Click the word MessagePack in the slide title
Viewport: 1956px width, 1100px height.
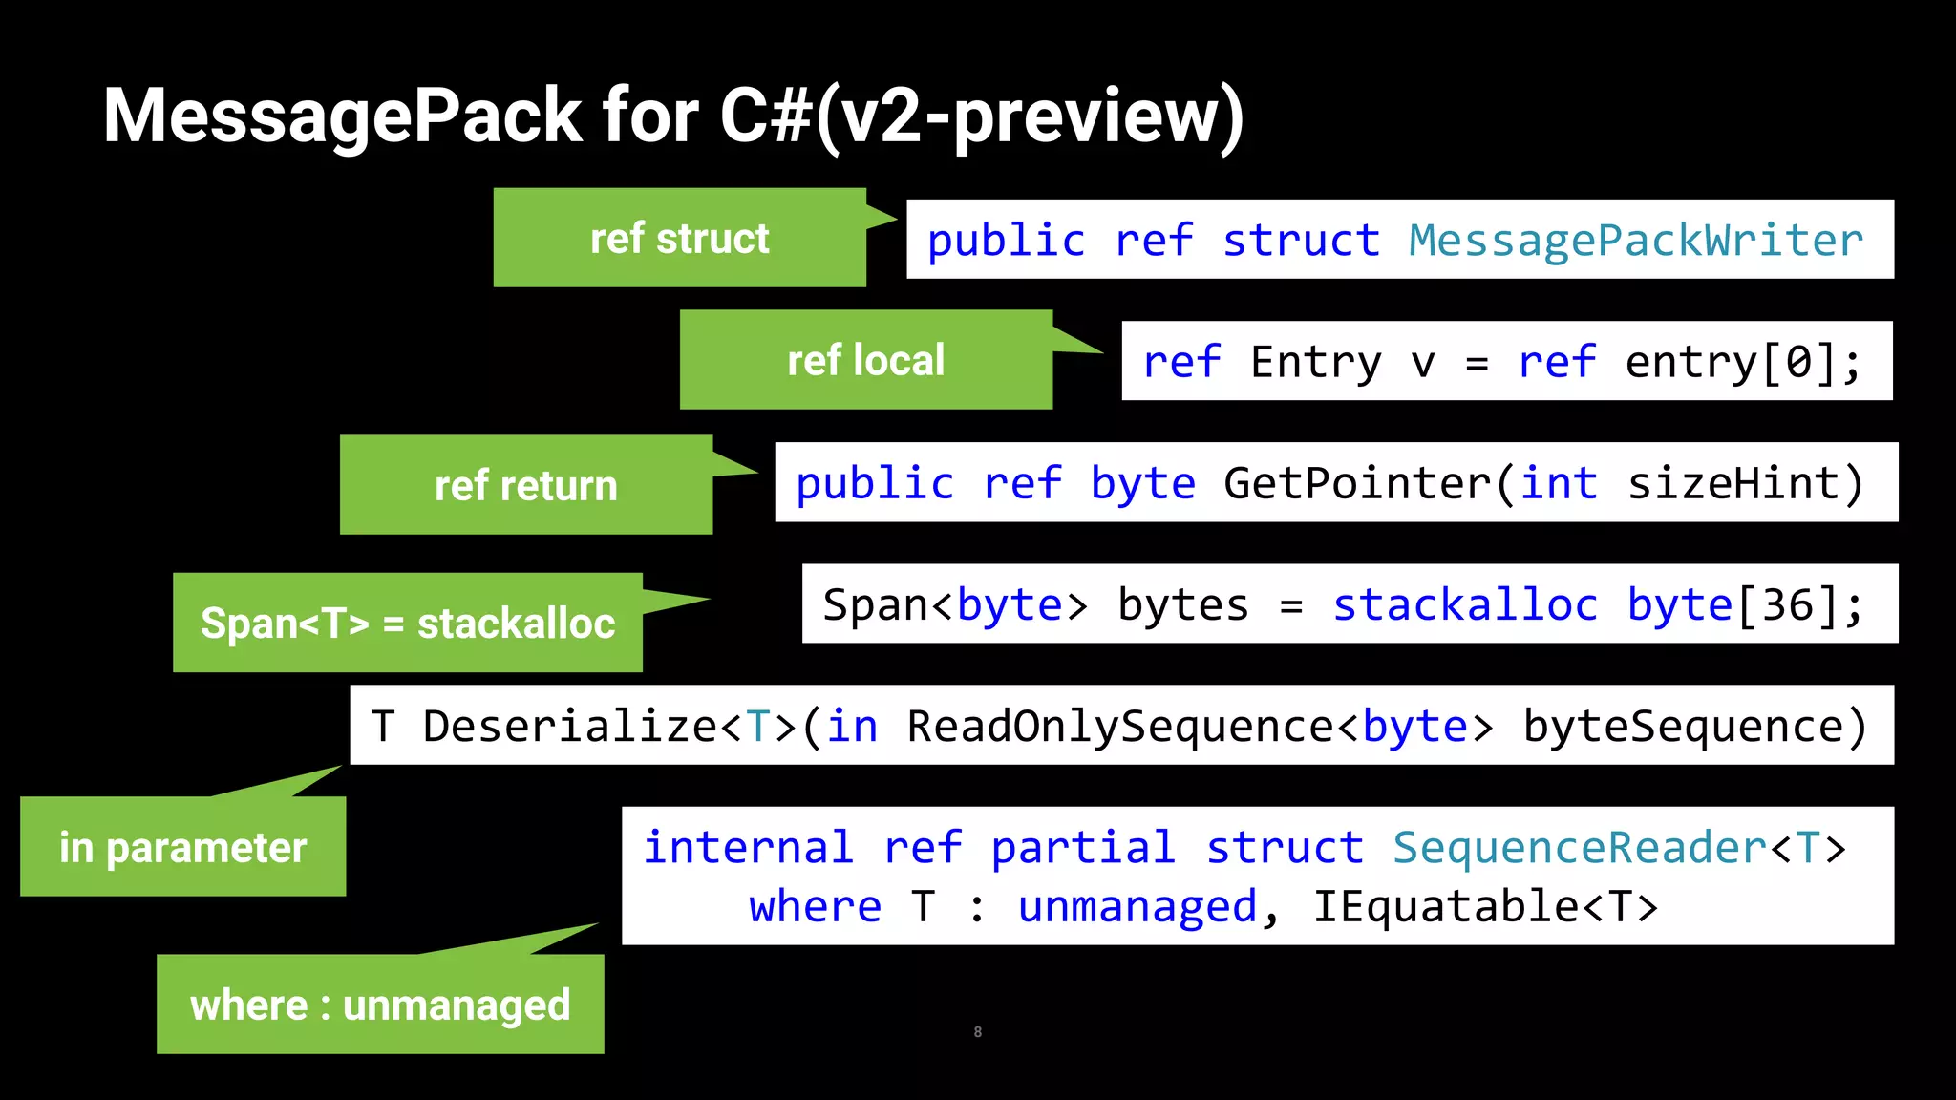(x=342, y=116)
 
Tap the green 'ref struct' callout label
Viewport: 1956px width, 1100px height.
(x=679, y=239)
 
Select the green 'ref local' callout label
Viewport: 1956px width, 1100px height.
(x=865, y=361)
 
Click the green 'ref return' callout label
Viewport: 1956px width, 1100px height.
(x=525, y=486)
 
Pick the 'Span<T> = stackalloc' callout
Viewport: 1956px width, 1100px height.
(x=408, y=624)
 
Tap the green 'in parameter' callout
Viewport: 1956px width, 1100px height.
(x=182, y=848)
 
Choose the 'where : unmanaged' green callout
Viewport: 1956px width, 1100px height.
(x=380, y=1005)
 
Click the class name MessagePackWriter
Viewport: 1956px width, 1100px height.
(x=1635, y=241)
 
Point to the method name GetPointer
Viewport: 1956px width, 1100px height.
(x=1356, y=484)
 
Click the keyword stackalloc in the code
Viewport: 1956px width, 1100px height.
(x=1464, y=605)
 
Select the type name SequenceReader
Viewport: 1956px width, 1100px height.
(x=1580, y=848)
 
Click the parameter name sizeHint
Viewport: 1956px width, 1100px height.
(x=1733, y=484)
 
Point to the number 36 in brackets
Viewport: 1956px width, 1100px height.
(x=1787, y=605)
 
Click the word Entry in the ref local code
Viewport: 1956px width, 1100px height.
(x=1315, y=363)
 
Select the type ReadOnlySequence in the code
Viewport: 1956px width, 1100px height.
(x=1119, y=727)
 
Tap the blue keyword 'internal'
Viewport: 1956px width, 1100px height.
(x=747, y=848)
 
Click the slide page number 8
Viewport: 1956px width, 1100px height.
(x=977, y=1032)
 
